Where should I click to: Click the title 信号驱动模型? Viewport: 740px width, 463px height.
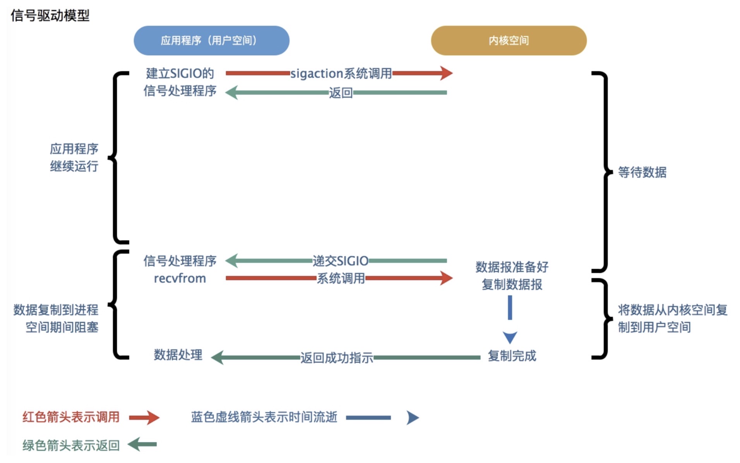click(x=50, y=15)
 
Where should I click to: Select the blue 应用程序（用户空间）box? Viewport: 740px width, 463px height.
click(x=211, y=41)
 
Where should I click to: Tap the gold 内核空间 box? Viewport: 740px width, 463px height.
click(x=509, y=41)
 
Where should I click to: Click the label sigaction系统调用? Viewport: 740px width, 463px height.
click(x=341, y=73)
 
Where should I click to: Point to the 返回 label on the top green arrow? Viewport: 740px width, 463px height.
click(x=341, y=93)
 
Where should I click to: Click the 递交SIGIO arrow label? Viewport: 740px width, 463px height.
click(x=341, y=261)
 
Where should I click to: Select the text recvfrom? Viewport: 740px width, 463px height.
click(x=180, y=278)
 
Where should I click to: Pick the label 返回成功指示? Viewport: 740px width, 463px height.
click(x=337, y=358)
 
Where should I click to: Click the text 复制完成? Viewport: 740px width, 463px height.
click(x=512, y=356)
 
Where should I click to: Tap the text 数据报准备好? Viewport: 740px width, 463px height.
click(x=512, y=267)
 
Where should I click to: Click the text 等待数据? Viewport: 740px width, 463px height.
click(x=642, y=172)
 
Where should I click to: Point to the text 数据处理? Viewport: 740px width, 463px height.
click(x=178, y=355)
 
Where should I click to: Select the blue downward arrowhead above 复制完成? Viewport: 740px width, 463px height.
click(x=510, y=337)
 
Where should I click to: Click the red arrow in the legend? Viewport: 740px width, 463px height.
click(x=144, y=417)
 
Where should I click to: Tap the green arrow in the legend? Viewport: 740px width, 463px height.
click(x=142, y=444)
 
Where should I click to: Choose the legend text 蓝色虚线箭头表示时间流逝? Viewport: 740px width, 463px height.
click(x=264, y=417)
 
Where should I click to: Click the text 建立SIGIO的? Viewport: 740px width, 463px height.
click(x=180, y=73)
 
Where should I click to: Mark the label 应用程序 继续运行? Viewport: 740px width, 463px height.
click(x=74, y=158)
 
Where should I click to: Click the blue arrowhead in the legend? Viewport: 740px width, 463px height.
click(x=413, y=417)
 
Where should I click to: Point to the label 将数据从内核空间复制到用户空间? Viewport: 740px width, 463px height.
click(x=672, y=318)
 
